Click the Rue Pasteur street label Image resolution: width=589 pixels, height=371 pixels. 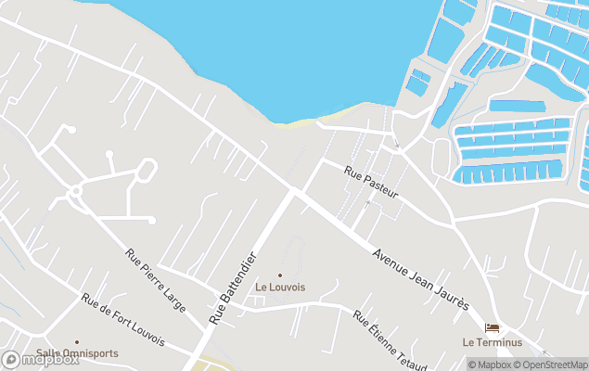[371, 182]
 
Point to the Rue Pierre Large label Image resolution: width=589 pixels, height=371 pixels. [155, 278]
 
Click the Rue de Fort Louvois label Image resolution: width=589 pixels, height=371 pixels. [122, 322]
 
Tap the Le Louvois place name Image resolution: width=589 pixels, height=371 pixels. [280, 288]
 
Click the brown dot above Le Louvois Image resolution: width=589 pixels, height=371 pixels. [280, 275]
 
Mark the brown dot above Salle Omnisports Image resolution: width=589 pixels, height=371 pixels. [76, 341]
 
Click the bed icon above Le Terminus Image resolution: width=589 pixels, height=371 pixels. [492, 327]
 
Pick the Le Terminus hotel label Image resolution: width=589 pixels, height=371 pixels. [492, 342]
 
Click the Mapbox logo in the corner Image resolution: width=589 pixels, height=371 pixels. [41, 359]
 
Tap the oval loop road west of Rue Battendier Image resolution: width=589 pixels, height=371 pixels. [146, 171]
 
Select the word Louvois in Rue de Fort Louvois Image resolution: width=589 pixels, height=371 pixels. [146, 335]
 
